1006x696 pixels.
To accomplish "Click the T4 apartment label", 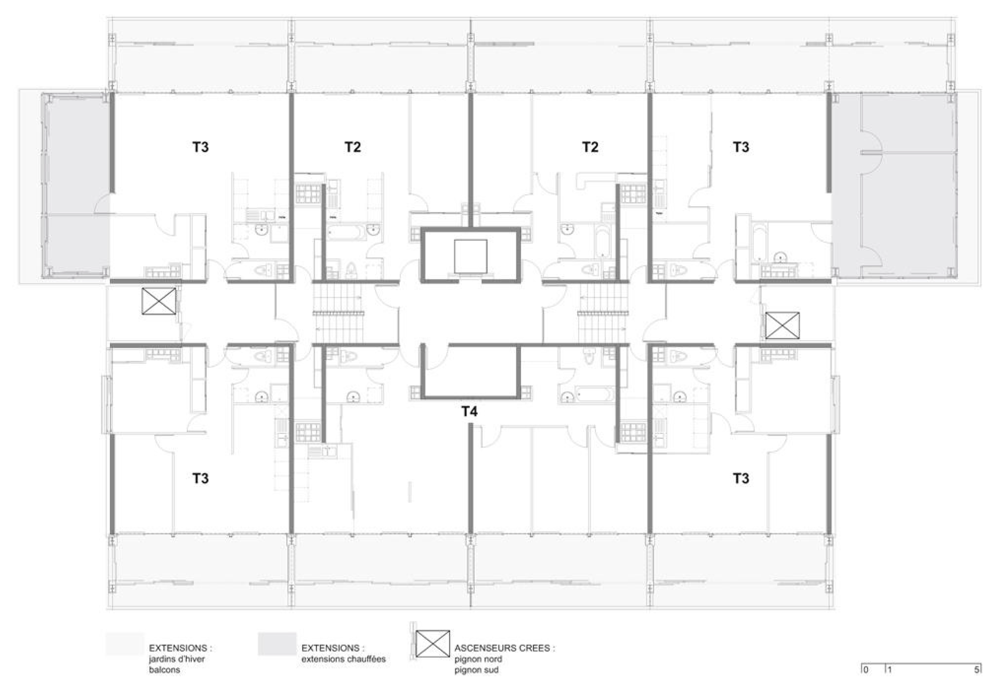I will click(470, 411).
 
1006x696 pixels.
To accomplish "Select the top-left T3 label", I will click(200, 147).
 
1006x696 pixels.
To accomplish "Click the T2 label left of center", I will click(353, 147).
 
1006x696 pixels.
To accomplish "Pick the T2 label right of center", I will click(590, 147).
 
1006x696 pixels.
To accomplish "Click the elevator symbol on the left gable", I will click(159, 301).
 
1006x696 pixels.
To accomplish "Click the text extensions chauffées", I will click(343, 659).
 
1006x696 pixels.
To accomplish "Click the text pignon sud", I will click(476, 670).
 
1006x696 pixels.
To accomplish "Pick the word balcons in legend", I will click(164, 670).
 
